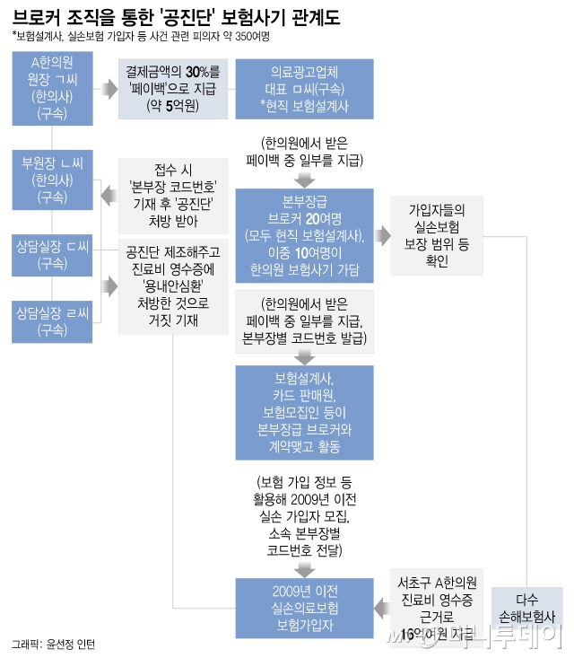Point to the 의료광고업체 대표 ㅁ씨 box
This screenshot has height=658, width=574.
(303, 88)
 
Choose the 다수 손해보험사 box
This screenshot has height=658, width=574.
(539, 610)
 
